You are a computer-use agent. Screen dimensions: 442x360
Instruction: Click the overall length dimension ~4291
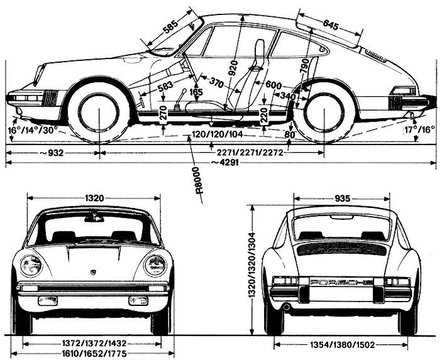click(224, 163)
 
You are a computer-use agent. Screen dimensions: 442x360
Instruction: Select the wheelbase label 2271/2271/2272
click(250, 153)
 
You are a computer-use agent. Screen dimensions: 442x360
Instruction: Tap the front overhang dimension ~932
click(52, 153)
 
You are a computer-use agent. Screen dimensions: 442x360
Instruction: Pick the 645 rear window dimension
click(330, 25)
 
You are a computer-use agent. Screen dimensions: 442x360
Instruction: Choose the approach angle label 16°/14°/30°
click(33, 131)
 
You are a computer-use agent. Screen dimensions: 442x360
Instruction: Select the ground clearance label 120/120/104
click(217, 134)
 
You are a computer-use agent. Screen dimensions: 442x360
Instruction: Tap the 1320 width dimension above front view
click(94, 199)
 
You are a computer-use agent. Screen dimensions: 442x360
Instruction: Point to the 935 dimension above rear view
click(342, 199)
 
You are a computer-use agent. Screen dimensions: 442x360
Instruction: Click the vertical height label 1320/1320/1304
click(251, 265)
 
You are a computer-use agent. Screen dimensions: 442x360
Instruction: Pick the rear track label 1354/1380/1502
click(342, 344)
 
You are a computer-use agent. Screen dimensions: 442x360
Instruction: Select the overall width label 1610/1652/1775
click(94, 353)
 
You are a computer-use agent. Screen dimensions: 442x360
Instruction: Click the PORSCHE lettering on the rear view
click(341, 282)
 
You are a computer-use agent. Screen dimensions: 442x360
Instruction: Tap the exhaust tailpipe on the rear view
click(286, 307)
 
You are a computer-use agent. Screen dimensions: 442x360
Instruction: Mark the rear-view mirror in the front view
click(93, 217)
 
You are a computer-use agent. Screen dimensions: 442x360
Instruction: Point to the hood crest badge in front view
click(93, 272)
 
